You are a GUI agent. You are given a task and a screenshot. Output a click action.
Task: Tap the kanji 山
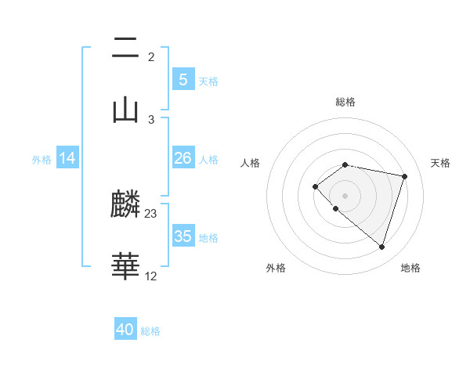click(125, 108)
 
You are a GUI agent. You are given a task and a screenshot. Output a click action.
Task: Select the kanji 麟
click(125, 205)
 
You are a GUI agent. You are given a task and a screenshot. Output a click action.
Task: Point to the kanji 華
click(125, 266)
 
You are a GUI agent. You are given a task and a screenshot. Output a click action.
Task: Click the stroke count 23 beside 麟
click(151, 214)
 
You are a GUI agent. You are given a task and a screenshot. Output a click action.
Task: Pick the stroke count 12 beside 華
click(151, 276)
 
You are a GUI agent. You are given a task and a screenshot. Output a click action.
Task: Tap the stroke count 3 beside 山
click(151, 119)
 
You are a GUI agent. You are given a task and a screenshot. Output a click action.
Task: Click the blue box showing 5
click(183, 79)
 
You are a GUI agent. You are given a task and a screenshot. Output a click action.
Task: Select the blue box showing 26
click(183, 158)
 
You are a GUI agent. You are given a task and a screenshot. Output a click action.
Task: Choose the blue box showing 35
click(183, 236)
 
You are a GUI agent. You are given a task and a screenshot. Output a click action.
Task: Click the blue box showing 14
click(67, 158)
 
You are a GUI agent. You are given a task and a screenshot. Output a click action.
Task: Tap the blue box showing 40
click(125, 330)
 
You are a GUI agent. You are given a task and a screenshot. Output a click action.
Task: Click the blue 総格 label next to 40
click(150, 331)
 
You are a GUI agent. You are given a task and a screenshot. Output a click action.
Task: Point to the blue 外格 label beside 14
click(42, 160)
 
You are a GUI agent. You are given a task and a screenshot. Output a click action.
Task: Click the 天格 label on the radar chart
click(440, 163)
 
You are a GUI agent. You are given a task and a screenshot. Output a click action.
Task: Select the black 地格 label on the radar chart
click(410, 268)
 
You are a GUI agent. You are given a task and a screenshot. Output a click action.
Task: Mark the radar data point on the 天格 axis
click(405, 176)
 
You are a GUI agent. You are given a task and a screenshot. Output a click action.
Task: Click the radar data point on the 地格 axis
click(381, 247)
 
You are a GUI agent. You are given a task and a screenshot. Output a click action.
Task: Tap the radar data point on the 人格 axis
click(315, 186)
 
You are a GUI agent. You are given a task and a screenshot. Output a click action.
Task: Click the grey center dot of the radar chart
click(345, 195)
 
